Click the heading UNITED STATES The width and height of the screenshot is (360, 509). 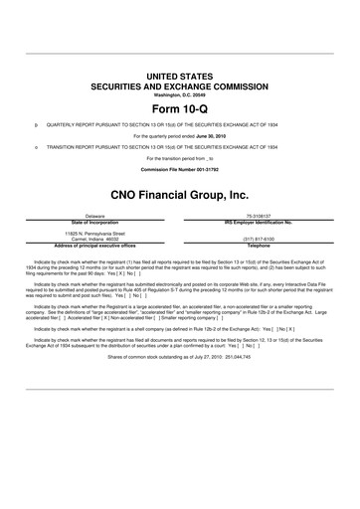[x=180, y=76]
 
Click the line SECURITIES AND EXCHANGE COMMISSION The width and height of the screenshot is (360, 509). [x=180, y=85]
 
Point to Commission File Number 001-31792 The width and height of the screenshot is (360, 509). [x=180, y=170]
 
